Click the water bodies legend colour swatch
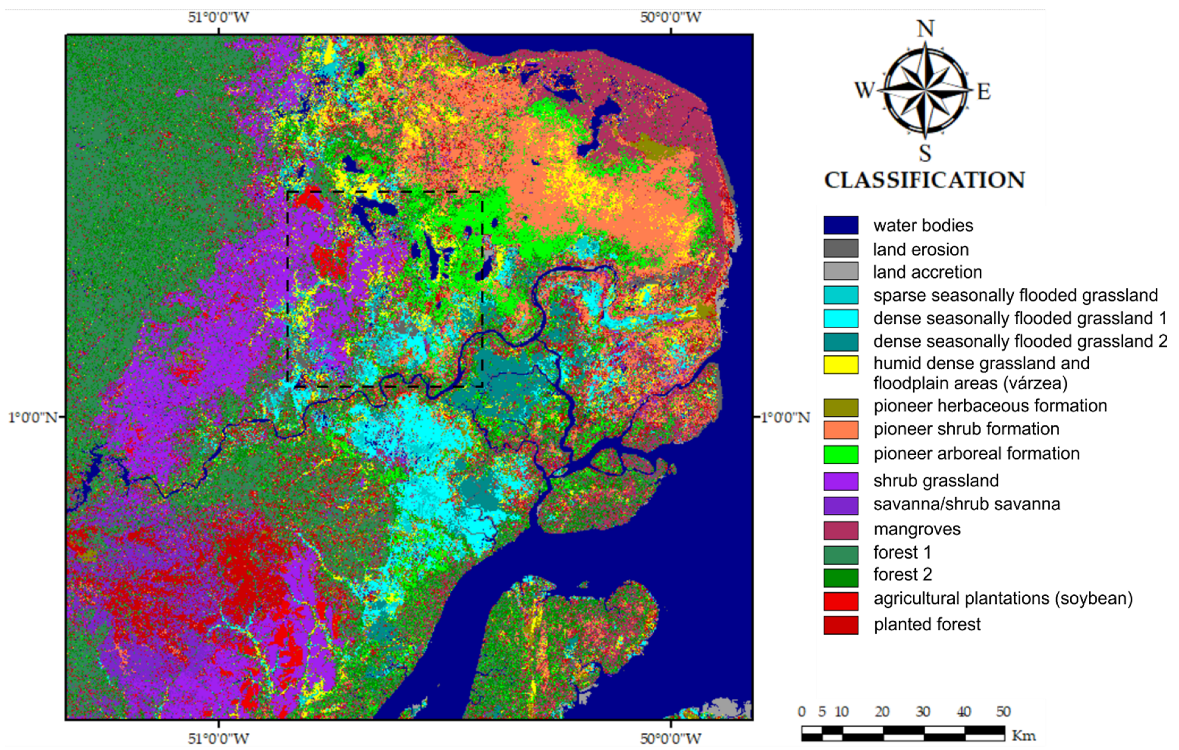click(841, 225)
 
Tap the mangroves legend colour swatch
click(841, 530)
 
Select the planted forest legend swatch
click(841, 624)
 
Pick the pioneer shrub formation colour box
click(841, 430)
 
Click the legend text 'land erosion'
click(921, 249)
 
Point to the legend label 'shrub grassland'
click(935, 481)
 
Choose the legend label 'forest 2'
click(902, 574)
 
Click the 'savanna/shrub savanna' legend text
click(967, 504)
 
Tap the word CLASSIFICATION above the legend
click(924, 180)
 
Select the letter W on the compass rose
click(865, 91)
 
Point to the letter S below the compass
click(925, 153)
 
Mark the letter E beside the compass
click(984, 92)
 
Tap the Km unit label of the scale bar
click(1024, 735)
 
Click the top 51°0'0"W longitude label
click(218, 17)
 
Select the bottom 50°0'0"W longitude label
click(670, 738)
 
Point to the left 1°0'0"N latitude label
click(33, 418)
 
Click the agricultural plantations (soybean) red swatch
click(841, 601)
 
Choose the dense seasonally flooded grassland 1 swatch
click(841, 319)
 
